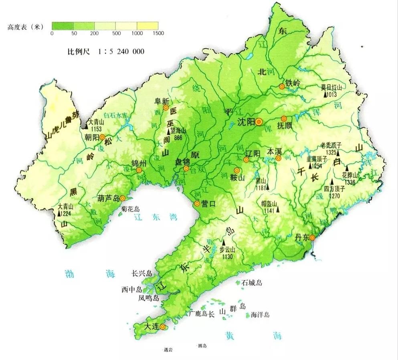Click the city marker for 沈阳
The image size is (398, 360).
click(259, 121)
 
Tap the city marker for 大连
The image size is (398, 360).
click(162, 327)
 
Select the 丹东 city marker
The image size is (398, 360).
click(313, 237)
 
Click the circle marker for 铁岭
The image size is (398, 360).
click(282, 86)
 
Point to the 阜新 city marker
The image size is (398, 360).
click(165, 107)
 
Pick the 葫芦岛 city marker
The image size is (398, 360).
click(123, 198)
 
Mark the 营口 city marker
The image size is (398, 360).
click(197, 203)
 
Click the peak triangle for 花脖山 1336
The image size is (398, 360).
click(347, 169)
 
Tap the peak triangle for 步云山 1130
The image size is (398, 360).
click(224, 243)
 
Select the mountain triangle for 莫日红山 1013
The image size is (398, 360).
click(325, 95)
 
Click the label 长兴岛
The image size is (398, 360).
click(142, 274)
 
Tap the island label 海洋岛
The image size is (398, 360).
click(260, 315)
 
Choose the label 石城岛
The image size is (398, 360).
click(252, 283)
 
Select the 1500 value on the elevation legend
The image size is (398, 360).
click(158, 33)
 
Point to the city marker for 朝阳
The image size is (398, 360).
click(102, 137)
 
